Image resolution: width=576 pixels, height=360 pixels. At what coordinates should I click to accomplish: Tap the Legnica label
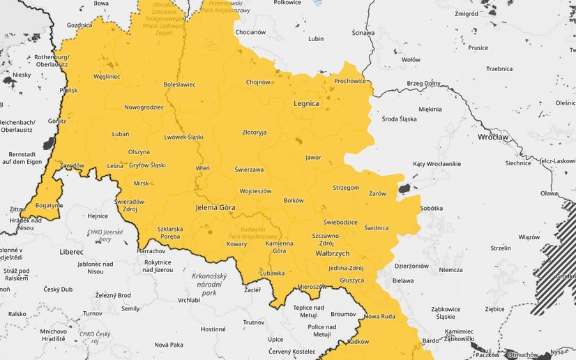point(306,103)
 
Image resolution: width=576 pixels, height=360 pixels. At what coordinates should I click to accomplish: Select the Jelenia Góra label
point(215,208)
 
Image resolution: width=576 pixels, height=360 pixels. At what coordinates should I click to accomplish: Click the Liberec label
point(71,251)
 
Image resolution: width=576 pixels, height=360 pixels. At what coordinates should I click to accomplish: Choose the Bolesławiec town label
point(179,84)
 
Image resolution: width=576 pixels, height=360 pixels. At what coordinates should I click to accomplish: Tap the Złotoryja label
point(254,132)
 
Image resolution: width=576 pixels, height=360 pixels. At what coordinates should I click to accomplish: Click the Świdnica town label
point(376,227)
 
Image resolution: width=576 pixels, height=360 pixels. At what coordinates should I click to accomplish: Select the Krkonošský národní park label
point(209,285)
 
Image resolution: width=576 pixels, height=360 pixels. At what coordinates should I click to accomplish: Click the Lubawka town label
point(272,273)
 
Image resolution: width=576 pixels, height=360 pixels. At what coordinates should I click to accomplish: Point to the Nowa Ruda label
point(379,316)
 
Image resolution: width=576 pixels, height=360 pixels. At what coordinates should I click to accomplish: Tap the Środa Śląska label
point(400,119)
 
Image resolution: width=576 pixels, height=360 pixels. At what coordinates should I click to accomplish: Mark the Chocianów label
point(251,32)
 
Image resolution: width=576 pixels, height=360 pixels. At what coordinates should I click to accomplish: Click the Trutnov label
point(253,322)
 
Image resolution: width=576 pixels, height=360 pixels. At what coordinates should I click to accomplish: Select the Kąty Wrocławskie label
point(437,163)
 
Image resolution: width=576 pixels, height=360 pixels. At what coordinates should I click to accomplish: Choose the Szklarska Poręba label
point(170,232)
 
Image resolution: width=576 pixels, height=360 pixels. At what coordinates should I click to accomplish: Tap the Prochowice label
point(350,81)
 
